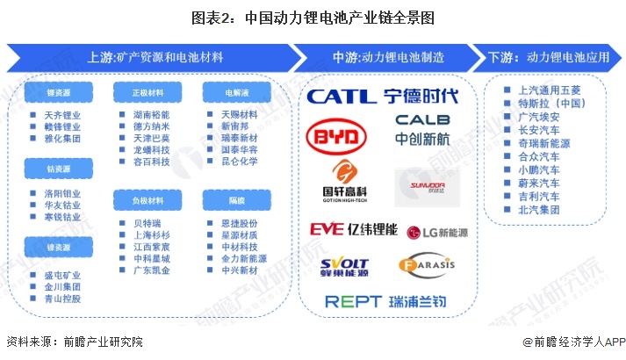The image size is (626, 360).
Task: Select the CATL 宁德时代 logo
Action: point(382,94)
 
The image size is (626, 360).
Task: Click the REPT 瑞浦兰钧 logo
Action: point(385,301)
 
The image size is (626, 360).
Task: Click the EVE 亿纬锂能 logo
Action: point(353,229)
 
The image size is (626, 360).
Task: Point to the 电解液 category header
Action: point(227,91)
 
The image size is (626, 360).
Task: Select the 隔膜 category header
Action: point(227,201)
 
